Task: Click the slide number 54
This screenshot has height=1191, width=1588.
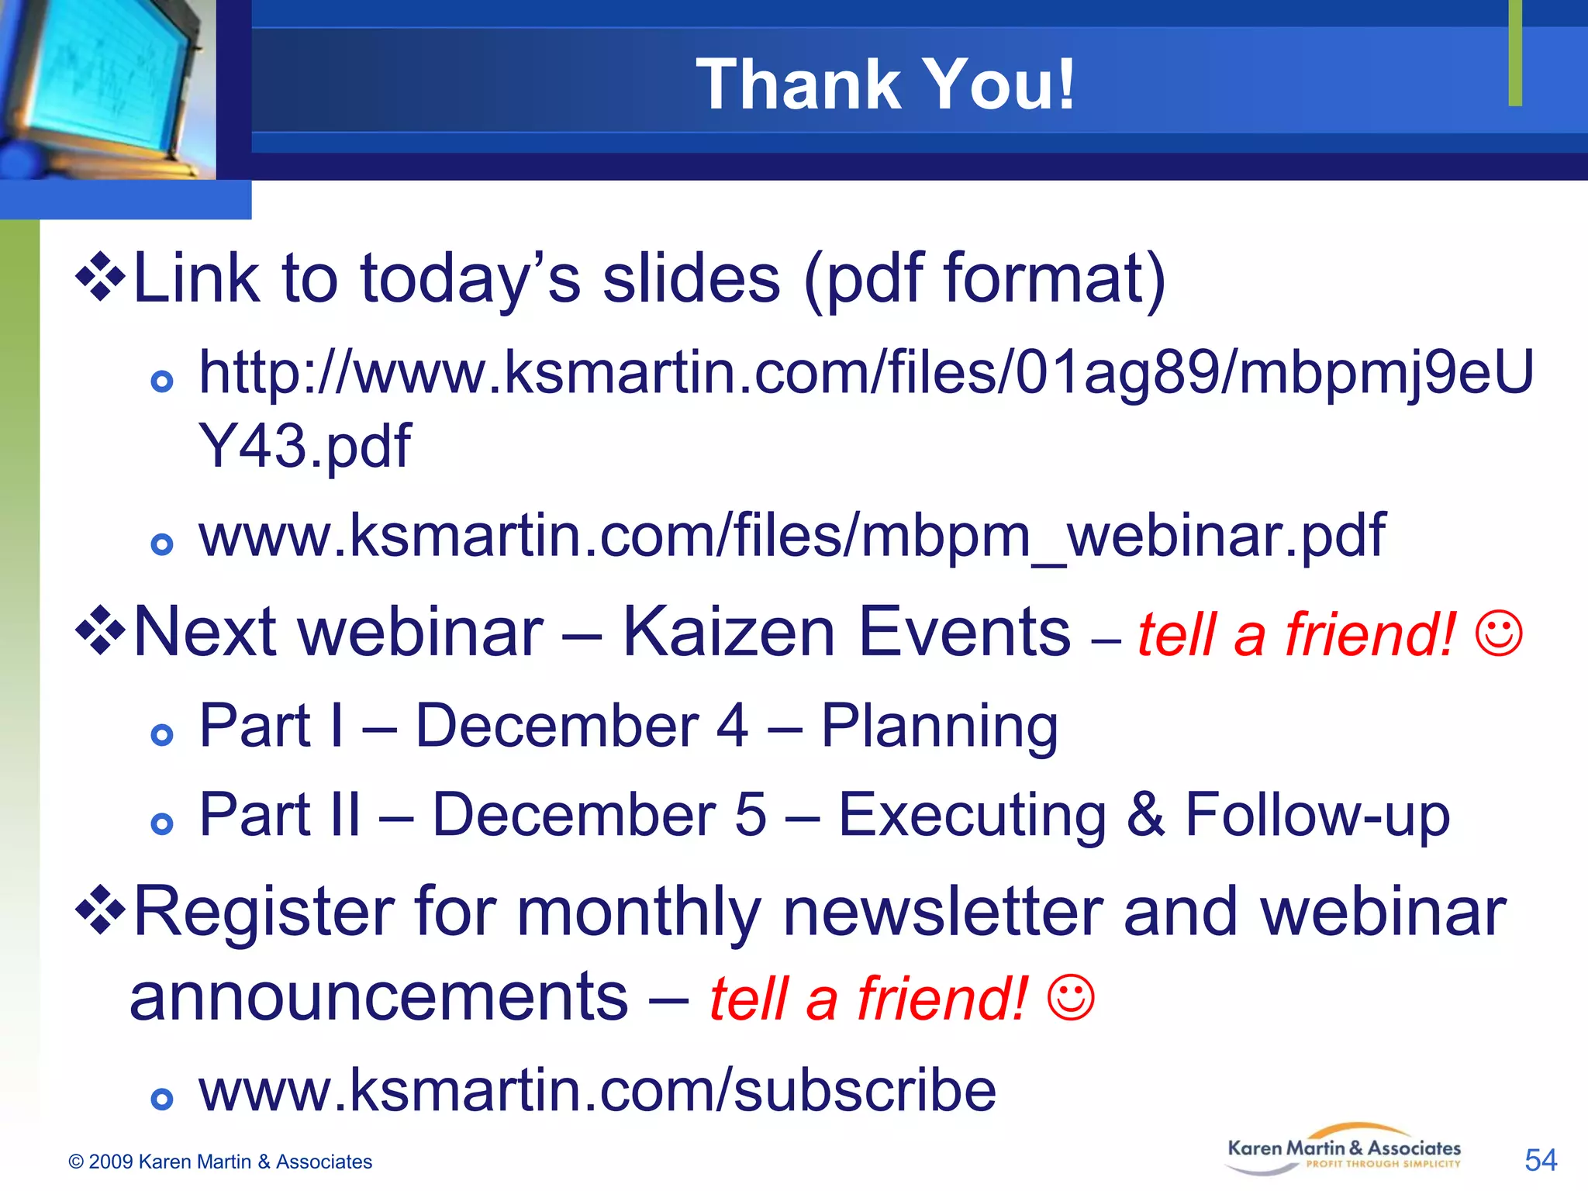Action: [x=1540, y=1160]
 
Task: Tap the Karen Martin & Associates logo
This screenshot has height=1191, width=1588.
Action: [x=1344, y=1150]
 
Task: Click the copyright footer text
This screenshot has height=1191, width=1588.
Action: [x=220, y=1162]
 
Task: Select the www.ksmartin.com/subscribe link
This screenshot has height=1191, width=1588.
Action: [x=597, y=1090]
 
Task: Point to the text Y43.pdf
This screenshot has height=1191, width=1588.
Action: [x=305, y=447]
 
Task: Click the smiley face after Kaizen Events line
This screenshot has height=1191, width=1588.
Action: [x=1499, y=633]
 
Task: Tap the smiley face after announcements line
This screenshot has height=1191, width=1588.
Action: [x=1071, y=997]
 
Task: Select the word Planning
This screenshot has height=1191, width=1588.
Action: [x=939, y=726]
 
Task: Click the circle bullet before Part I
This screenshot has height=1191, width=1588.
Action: [x=161, y=734]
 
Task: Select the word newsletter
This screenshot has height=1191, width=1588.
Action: [x=942, y=913]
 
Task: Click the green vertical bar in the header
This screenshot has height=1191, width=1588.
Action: [x=1515, y=53]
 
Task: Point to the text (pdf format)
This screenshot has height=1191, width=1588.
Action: [x=985, y=279]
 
